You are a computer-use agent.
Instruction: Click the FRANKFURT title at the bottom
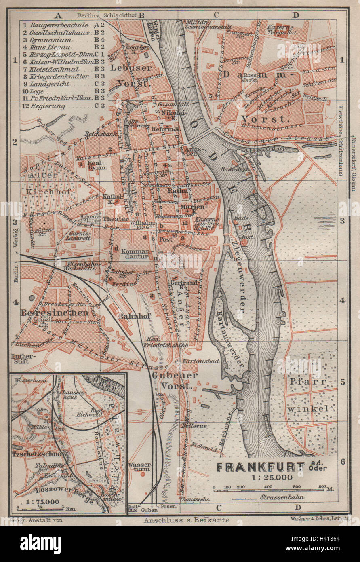point(260,467)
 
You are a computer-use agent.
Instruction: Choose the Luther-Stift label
point(21,359)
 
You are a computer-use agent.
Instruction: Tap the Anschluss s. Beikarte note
point(186,520)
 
